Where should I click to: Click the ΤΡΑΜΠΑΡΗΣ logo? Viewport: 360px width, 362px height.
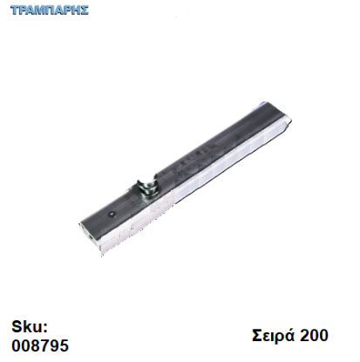[50, 10]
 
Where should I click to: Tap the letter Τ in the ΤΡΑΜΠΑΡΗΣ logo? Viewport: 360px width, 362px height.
[15, 10]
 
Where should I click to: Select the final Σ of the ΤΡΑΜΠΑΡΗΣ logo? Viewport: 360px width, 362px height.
[85, 10]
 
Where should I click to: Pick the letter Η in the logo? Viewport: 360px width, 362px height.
[76, 10]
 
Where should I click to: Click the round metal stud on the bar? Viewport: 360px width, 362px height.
[147, 188]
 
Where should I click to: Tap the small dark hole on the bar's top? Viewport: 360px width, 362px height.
[112, 215]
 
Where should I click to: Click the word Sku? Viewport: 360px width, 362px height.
[27, 327]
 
